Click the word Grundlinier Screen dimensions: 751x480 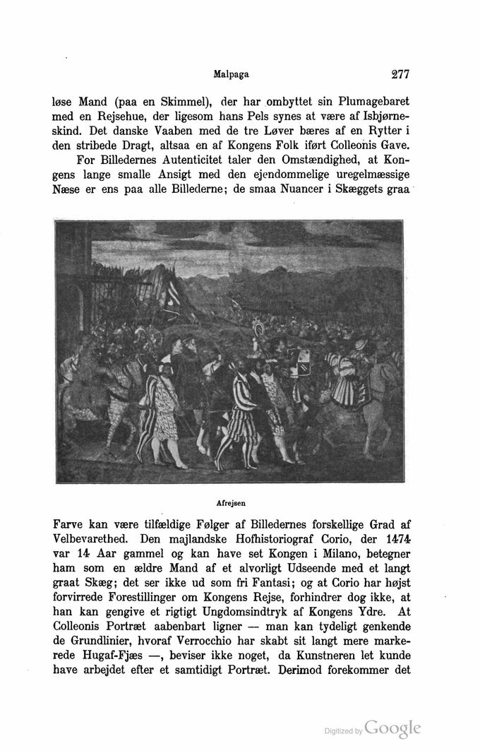tap(108, 638)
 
